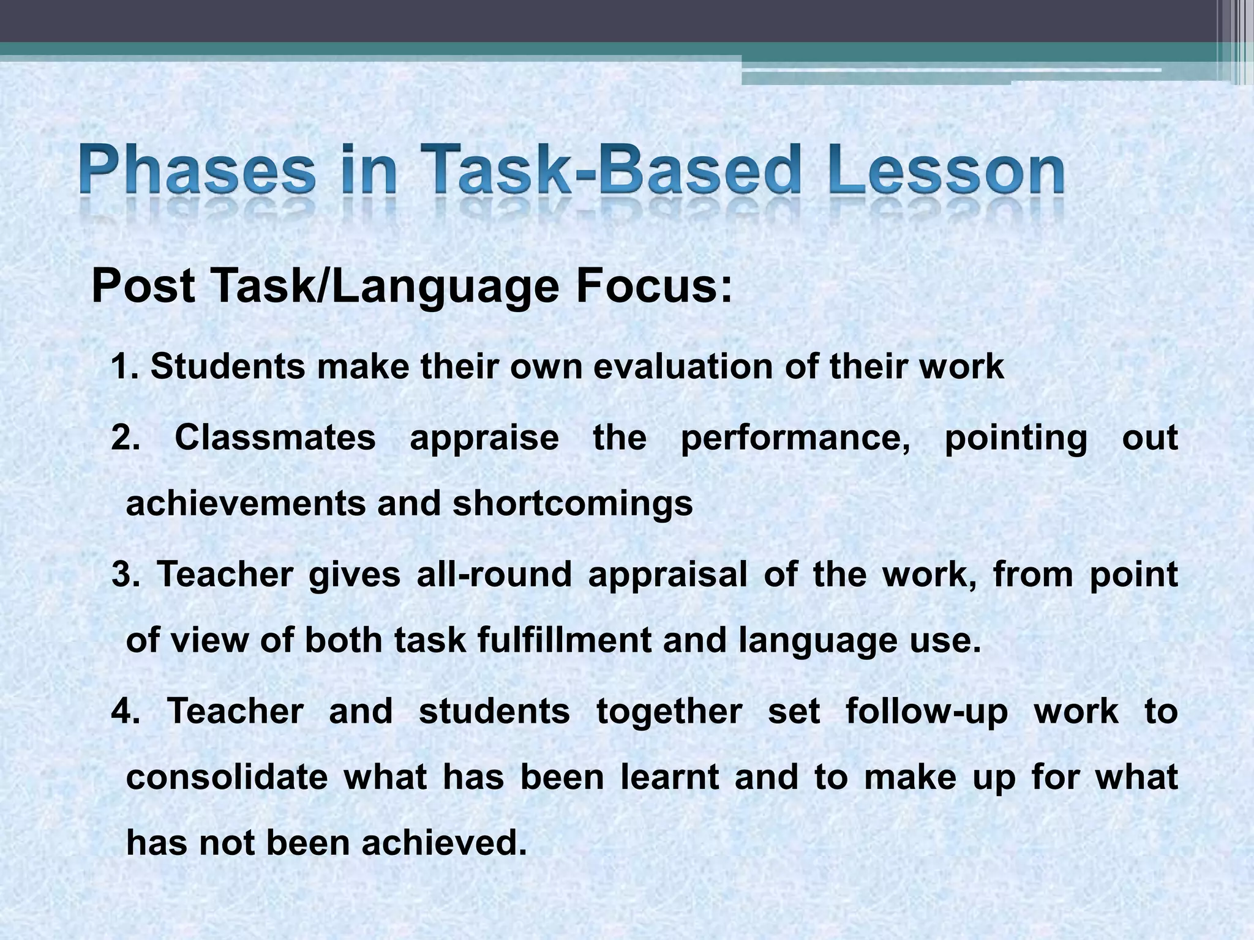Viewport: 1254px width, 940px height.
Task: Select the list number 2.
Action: [x=125, y=438]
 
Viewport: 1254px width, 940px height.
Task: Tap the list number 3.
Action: [x=126, y=575]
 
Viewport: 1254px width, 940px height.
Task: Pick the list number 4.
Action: [x=126, y=712]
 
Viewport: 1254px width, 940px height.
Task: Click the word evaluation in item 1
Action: [x=683, y=367]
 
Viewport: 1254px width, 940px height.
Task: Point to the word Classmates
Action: [x=275, y=438]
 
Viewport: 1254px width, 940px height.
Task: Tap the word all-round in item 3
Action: [x=494, y=575]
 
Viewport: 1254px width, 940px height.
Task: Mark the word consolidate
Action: [x=227, y=777]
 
